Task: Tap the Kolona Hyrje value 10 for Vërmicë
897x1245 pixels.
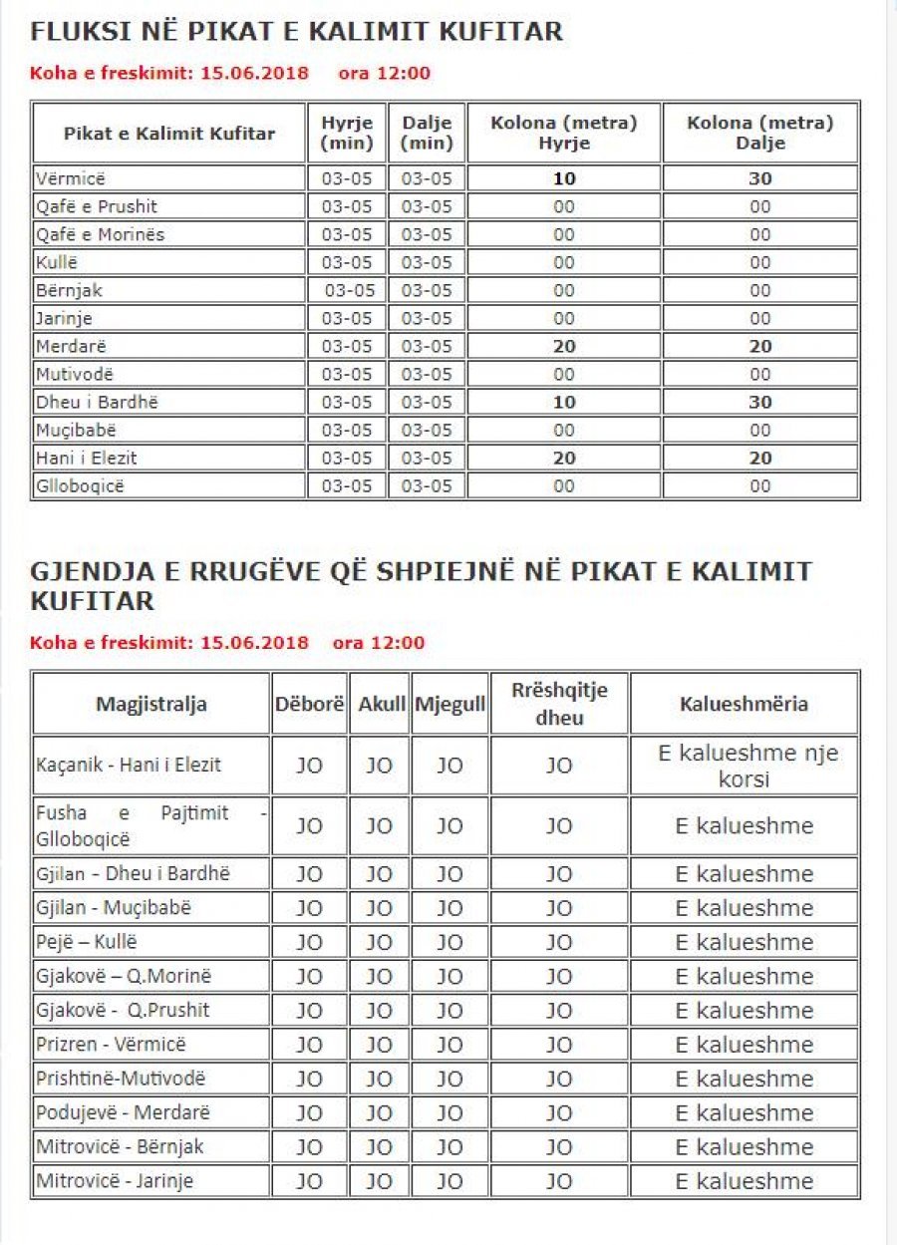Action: pyautogui.click(x=564, y=179)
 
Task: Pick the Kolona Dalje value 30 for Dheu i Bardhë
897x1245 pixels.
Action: pyautogui.click(x=760, y=403)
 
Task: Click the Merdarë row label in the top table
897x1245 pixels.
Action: pyautogui.click(x=73, y=347)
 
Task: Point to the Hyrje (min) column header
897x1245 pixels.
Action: pyautogui.click(x=347, y=133)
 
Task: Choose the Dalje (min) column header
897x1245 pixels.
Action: pyautogui.click(x=427, y=133)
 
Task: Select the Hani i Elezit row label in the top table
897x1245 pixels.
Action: pyautogui.click(x=87, y=459)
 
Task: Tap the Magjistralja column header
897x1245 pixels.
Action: pyautogui.click(x=151, y=704)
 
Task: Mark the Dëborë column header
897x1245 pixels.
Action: pyautogui.click(x=309, y=704)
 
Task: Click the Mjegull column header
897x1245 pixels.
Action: pyautogui.click(x=449, y=704)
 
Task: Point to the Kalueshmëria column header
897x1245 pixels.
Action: pyautogui.click(x=744, y=704)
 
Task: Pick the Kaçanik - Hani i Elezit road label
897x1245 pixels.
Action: pyautogui.click(x=129, y=766)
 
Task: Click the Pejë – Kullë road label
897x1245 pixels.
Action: pyautogui.click(x=87, y=942)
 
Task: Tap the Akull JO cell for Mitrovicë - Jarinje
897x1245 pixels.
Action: pyautogui.click(x=379, y=1181)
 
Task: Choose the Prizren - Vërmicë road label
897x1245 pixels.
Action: pyautogui.click(x=111, y=1045)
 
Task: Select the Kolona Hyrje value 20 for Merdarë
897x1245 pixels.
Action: pyautogui.click(x=564, y=347)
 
